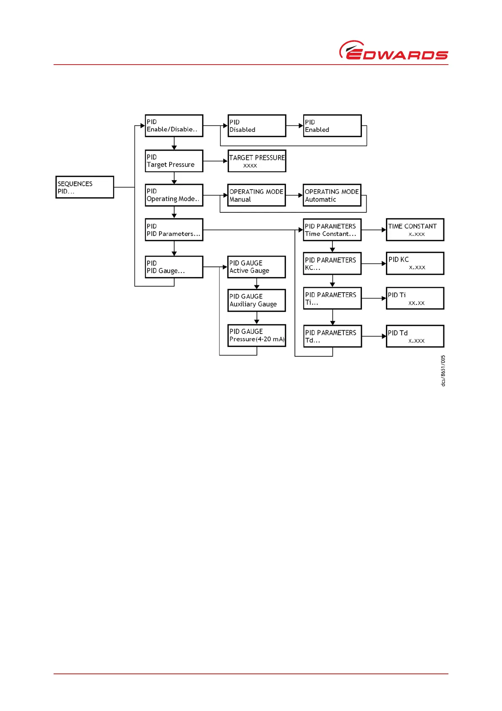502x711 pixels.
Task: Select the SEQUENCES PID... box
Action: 85,187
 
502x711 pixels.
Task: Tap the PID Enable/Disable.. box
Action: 174,126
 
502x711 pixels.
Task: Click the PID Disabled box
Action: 257,126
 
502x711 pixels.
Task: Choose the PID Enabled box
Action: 332,126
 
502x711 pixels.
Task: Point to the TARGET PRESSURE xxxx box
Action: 257,161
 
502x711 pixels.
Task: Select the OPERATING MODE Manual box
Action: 256,195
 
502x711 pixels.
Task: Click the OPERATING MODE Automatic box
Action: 332,195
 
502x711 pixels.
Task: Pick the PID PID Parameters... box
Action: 174,230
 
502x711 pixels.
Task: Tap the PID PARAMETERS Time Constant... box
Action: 332,230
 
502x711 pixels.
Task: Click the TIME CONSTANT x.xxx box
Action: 415,230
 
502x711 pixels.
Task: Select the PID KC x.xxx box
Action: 415,263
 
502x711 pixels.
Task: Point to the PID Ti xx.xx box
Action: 415,299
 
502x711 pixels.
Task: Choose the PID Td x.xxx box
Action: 415,336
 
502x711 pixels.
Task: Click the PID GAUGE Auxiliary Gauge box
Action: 256,300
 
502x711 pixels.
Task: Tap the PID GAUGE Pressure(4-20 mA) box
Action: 256,335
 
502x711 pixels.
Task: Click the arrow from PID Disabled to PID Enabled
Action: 294,126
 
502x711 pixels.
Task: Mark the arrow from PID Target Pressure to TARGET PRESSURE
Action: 215,161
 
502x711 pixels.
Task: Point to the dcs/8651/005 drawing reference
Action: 443,371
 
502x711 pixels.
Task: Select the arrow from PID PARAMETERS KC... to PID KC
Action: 374,263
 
